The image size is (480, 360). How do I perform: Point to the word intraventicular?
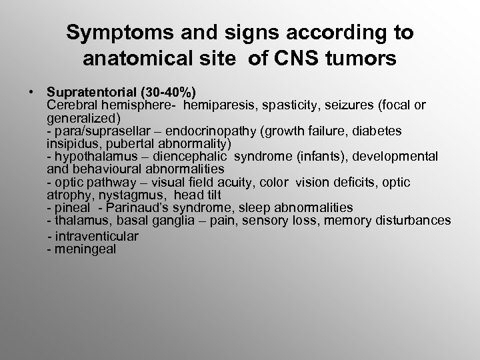tap(96, 236)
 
